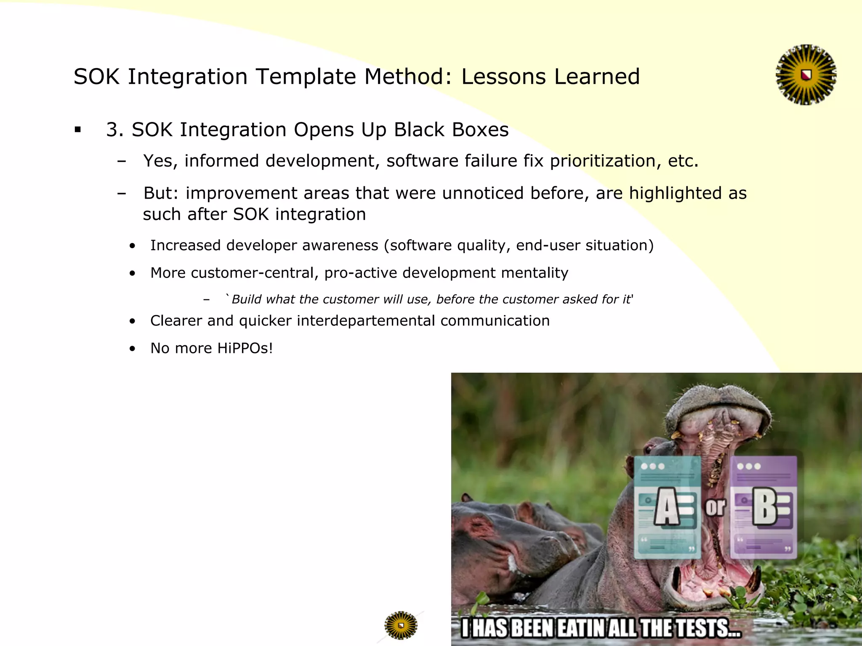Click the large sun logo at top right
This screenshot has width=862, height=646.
click(x=806, y=75)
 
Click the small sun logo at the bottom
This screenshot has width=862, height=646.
click(x=401, y=625)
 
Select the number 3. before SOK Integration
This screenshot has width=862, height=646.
click(x=114, y=130)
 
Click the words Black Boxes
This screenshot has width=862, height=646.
click(x=451, y=130)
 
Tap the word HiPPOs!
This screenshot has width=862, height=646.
click(x=245, y=348)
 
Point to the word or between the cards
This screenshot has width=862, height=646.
click(x=715, y=507)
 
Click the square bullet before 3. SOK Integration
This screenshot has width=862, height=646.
click(x=77, y=130)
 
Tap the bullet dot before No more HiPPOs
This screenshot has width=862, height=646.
click(x=133, y=349)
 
